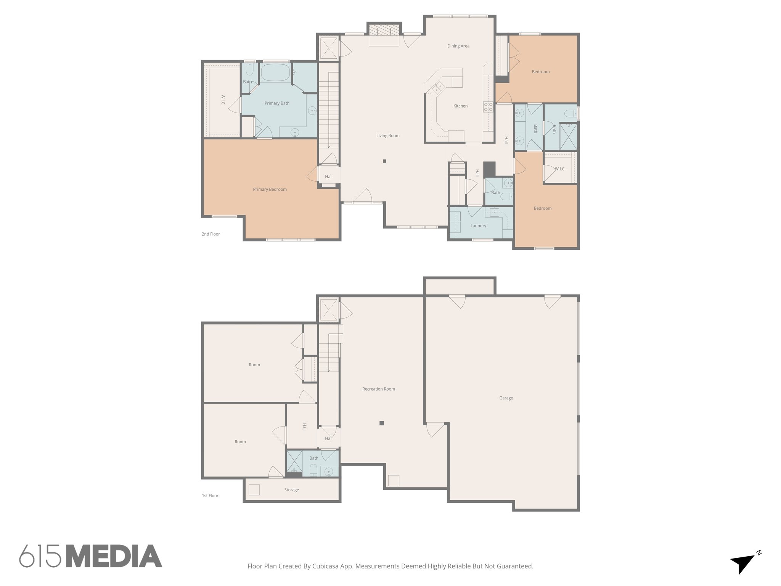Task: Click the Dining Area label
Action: pyautogui.click(x=458, y=46)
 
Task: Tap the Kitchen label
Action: pyautogui.click(x=460, y=106)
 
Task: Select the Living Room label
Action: pyautogui.click(x=388, y=136)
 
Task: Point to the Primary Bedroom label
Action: pyautogui.click(x=270, y=190)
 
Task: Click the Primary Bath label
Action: pyautogui.click(x=277, y=103)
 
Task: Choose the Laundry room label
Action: pyautogui.click(x=478, y=226)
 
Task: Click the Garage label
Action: pyautogui.click(x=506, y=398)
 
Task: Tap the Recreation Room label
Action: pyautogui.click(x=378, y=389)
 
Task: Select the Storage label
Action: pyautogui.click(x=291, y=490)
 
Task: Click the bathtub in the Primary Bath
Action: pyautogui.click(x=275, y=73)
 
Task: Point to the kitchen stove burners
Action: pyautogui.click(x=488, y=107)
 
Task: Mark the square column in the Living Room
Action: pyautogui.click(x=384, y=161)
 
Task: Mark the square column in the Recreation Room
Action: pyautogui.click(x=381, y=423)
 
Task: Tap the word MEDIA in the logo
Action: pyautogui.click(x=116, y=556)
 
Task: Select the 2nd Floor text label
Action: pyautogui.click(x=211, y=234)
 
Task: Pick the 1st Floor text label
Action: pyautogui.click(x=210, y=496)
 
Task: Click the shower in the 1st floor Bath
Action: pyautogui.click(x=294, y=461)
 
